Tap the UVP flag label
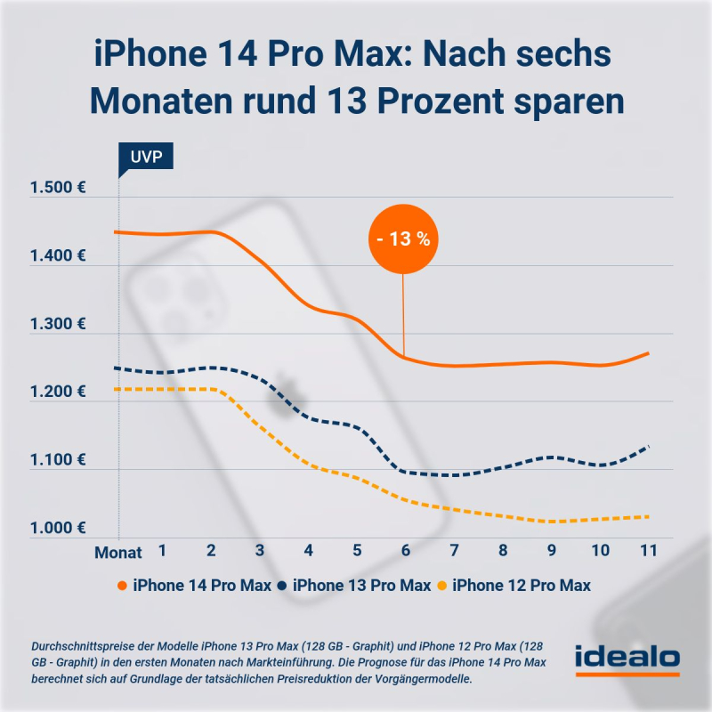click(x=145, y=158)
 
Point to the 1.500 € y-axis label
click(x=57, y=188)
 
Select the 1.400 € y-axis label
click(x=57, y=256)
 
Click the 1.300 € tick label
click(x=57, y=325)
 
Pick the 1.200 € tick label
click(x=57, y=392)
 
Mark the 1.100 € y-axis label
click(x=57, y=460)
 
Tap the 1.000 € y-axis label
click(x=57, y=529)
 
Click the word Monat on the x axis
click(x=118, y=552)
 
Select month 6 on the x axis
click(x=406, y=551)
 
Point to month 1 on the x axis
click(x=163, y=551)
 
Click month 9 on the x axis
click(x=552, y=551)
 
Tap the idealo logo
click(x=627, y=660)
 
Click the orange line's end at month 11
click(x=649, y=353)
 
